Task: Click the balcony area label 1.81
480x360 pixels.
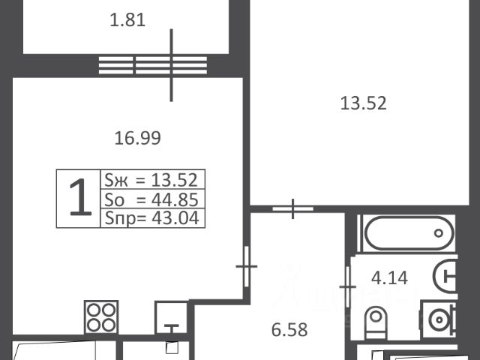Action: pos(127,20)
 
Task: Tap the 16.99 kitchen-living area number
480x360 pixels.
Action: pos(137,138)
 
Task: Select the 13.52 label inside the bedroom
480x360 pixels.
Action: pos(363,103)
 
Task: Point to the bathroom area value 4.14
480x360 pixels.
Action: pos(389,278)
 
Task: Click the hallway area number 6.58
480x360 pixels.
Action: pos(289,330)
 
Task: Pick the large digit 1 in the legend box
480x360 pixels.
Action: pos(80,197)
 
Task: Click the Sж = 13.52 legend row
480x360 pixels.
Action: pos(151,180)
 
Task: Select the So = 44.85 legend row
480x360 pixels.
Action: pos(151,199)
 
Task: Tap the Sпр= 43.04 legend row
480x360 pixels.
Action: pos(151,218)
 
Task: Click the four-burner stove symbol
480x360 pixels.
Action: pos(101,317)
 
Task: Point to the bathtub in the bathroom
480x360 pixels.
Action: pos(409,233)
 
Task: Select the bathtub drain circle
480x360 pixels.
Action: pos(439,233)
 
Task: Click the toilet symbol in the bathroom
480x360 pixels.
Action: pos(376,323)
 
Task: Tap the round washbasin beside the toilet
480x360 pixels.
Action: pos(439,320)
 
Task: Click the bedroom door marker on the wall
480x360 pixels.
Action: pos(293,208)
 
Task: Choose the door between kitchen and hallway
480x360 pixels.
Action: pos(247,266)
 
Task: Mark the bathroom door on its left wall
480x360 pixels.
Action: pos(348,286)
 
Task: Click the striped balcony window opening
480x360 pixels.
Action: pos(153,65)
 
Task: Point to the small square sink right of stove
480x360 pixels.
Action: pos(172,318)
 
